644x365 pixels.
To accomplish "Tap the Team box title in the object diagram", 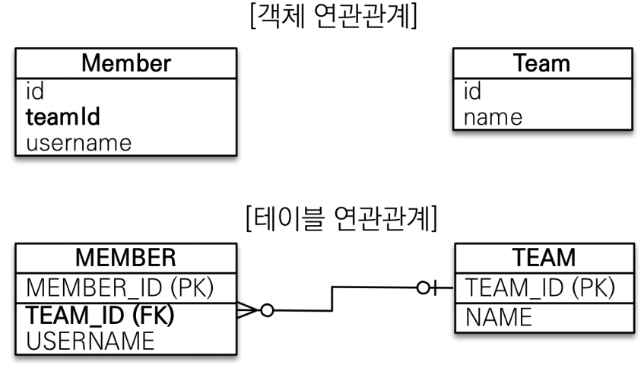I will (x=542, y=63).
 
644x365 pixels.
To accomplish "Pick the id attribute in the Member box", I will (x=35, y=92).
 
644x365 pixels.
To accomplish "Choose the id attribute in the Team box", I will (x=472, y=92).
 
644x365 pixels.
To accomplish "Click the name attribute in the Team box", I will (x=493, y=117).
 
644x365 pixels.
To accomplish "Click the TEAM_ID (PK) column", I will (x=539, y=287).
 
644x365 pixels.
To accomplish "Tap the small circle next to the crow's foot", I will (x=267, y=310).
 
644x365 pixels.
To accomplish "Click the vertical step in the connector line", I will (x=332, y=299).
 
